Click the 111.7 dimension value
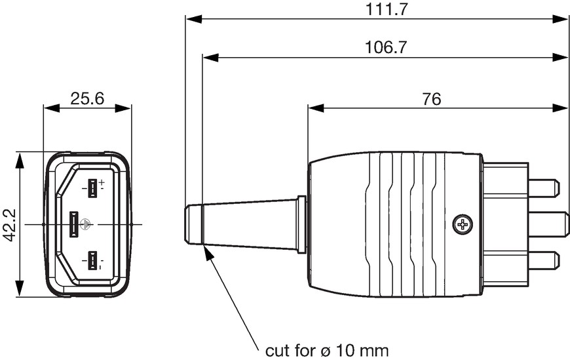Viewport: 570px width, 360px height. coord(387,9)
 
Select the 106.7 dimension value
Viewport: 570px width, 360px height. coord(386,47)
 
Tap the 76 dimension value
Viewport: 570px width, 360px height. coord(432,98)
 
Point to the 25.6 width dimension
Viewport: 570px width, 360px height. coord(87,98)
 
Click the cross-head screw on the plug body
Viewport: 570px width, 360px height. coord(463,224)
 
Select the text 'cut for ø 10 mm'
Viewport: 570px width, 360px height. coord(327,351)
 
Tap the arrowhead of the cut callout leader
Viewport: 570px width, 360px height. coord(208,253)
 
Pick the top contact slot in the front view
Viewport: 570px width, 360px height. coord(92,189)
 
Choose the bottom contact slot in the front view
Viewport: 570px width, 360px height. coord(92,261)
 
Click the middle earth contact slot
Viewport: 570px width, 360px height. coord(74,225)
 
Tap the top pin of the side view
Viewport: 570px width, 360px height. coord(543,189)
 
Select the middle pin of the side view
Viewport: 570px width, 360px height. coord(548,224)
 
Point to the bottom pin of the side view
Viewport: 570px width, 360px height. coord(543,261)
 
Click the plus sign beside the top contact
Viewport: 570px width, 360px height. coord(102,182)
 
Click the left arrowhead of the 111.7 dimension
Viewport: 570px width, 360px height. coord(193,19)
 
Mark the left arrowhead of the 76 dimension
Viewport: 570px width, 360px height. coord(316,108)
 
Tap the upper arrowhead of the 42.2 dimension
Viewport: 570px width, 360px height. coord(19,160)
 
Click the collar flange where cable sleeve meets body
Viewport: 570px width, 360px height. coord(301,225)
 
